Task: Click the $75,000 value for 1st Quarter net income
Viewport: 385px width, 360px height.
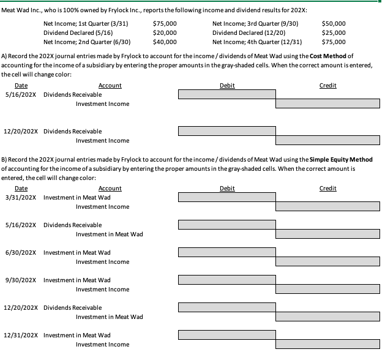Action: point(165,23)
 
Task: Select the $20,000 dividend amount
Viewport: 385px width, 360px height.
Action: point(165,32)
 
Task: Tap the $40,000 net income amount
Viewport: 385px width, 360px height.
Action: point(165,42)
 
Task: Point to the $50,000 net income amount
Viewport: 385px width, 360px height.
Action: point(334,23)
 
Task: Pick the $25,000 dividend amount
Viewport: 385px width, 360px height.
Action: point(334,32)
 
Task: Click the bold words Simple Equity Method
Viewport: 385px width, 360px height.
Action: point(342,160)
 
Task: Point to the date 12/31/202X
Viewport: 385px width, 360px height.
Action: point(22,336)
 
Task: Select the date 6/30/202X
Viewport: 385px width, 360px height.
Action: point(21,253)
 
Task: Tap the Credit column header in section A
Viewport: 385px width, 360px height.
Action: point(327,86)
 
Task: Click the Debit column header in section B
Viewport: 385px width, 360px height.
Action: point(226,189)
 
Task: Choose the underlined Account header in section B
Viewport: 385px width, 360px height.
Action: point(110,189)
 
